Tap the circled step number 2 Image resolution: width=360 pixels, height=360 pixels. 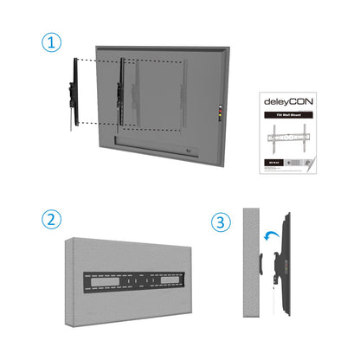[x=55, y=220]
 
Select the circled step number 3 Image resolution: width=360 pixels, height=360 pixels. [x=222, y=222]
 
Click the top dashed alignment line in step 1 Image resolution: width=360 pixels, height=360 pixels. [x=130, y=61]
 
